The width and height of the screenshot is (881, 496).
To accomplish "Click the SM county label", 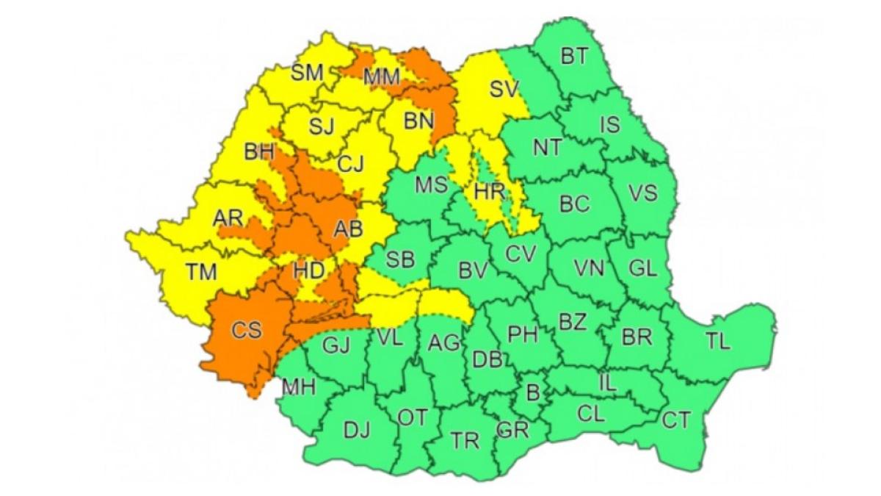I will [x=307, y=72].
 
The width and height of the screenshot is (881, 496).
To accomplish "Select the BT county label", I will [x=574, y=56].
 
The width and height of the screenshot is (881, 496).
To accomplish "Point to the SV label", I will [x=504, y=90].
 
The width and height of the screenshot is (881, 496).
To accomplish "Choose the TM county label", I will [x=200, y=272].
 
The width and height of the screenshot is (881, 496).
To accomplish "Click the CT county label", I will [x=676, y=420].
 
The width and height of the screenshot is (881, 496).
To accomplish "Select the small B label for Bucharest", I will [x=534, y=392].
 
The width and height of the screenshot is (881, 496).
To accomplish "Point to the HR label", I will [x=489, y=193].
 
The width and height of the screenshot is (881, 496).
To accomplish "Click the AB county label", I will [x=348, y=229].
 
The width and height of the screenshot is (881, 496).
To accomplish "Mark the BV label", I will [x=473, y=271].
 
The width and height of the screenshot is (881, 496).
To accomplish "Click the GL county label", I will [x=642, y=268].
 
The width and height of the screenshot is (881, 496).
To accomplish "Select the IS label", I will [x=610, y=125].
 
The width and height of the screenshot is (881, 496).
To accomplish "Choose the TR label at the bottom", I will [x=465, y=441].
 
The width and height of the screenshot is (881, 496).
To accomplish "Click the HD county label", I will [x=308, y=270].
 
